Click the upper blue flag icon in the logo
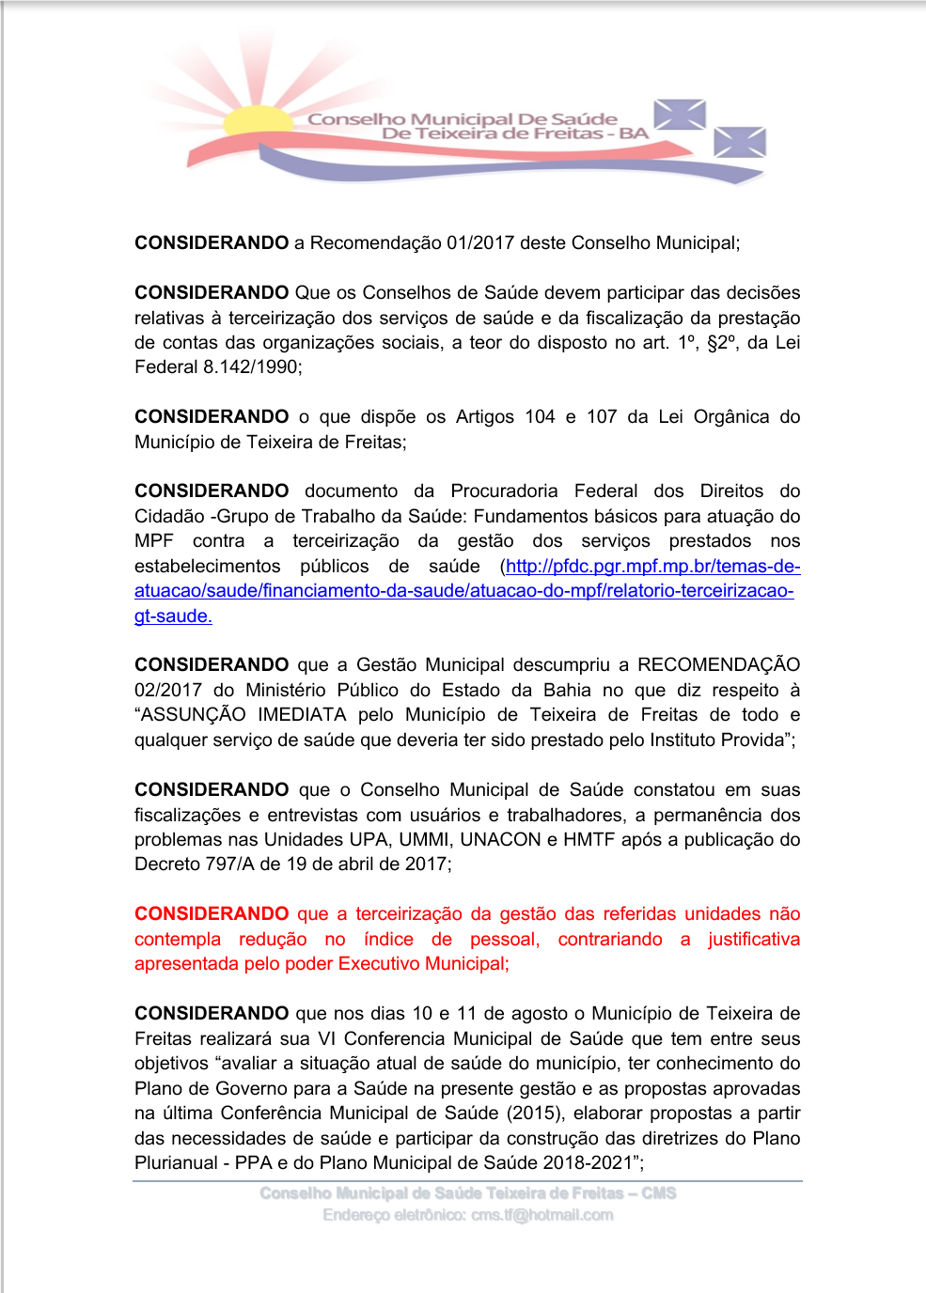coord(680,115)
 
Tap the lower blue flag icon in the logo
coord(740,142)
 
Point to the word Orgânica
coord(731,417)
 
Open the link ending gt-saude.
coord(173,616)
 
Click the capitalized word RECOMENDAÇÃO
coord(718,665)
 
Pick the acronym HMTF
coord(589,840)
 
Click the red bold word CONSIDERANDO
coord(212,914)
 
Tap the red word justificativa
coord(753,940)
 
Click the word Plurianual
coord(176,1163)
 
